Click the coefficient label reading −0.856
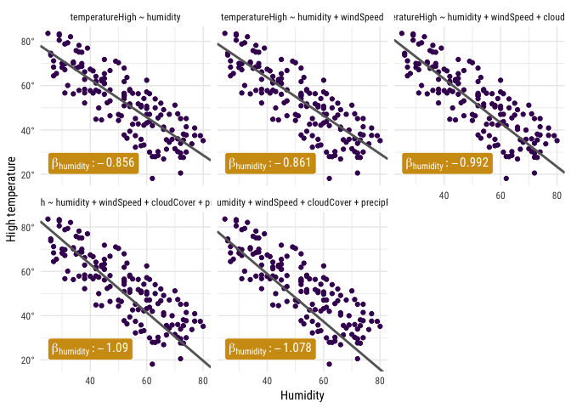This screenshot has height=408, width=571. click(93, 163)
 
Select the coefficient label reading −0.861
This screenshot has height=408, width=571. click(270, 163)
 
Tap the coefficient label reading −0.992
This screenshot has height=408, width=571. click(447, 163)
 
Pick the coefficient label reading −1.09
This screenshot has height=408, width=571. click(89, 348)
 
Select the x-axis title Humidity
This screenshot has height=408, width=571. click(302, 395)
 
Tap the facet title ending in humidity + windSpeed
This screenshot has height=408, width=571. click(302, 18)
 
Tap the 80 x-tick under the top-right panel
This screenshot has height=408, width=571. click(557, 195)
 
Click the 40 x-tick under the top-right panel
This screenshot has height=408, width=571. click(444, 195)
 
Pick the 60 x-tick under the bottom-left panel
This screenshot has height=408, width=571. click(147, 380)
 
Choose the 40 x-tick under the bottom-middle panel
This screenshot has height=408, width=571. click(268, 380)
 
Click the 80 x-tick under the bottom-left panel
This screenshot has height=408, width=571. click(203, 380)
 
